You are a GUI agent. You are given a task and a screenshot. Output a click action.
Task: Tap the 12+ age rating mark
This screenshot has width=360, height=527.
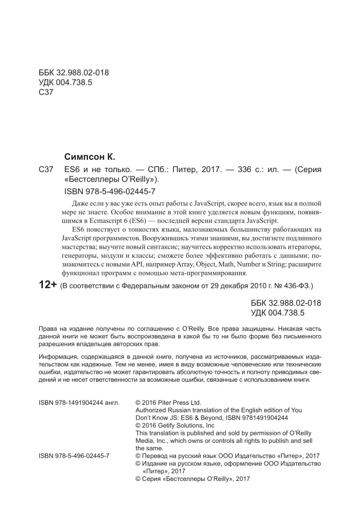click(48, 285)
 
